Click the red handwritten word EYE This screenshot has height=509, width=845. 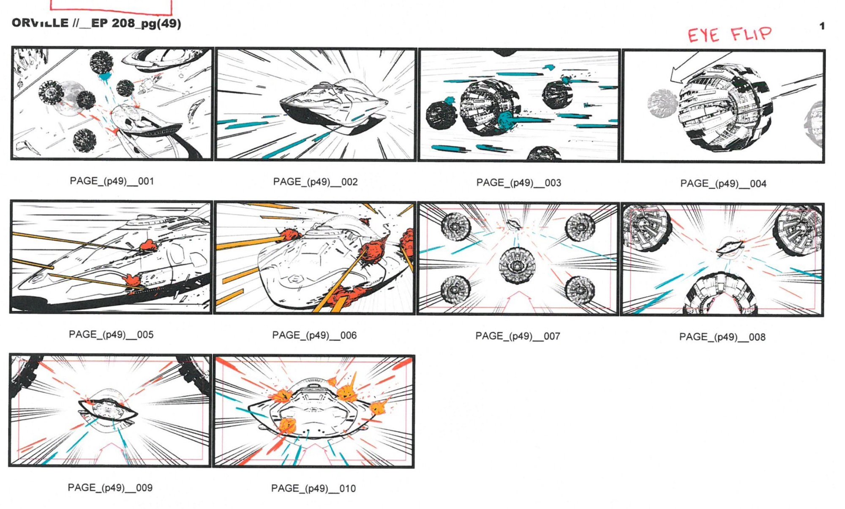[x=703, y=36]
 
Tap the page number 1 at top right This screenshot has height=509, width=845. [x=822, y=26]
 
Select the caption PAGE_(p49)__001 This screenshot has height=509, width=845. [x=112, y=181]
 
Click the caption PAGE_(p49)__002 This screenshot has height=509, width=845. [x=315, y=182]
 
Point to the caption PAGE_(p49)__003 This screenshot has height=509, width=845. [x=518, y=183]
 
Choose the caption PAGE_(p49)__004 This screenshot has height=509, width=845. [x=723, y=183]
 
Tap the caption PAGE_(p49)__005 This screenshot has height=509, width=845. [x=111, y=334]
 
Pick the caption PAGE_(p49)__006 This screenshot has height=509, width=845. [x=314, y=335]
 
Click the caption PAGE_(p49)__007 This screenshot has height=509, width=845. [x=518, y=336]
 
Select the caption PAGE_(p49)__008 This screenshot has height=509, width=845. [x=722, y=337]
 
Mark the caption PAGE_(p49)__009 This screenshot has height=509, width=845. [x=110, y=487]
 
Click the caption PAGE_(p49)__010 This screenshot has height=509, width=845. [x=313, y=488]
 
